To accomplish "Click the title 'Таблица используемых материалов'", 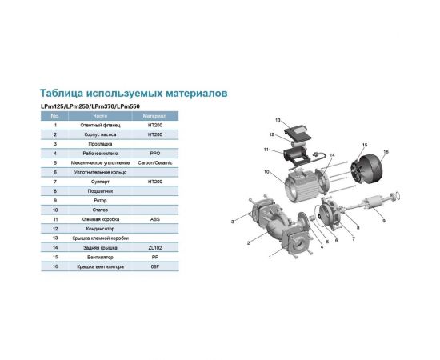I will [x=134, y=93].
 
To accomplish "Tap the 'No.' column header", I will [x=54, y=116].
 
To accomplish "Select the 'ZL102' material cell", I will [x=155, y=248].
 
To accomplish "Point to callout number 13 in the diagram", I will [x=278, y=119].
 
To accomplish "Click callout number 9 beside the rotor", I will [x=383, y=221].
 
